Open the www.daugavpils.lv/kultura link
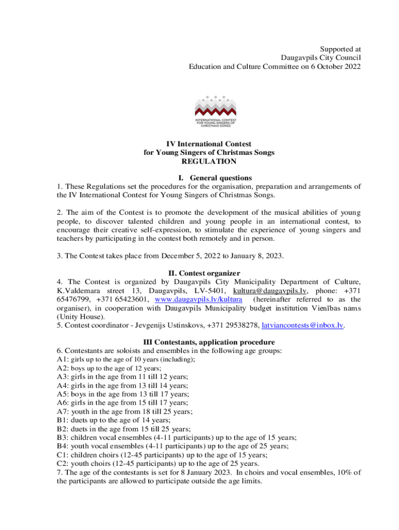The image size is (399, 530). (198, 300)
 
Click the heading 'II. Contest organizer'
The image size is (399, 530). (205, 273)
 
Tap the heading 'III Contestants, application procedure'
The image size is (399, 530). (209, 342)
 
